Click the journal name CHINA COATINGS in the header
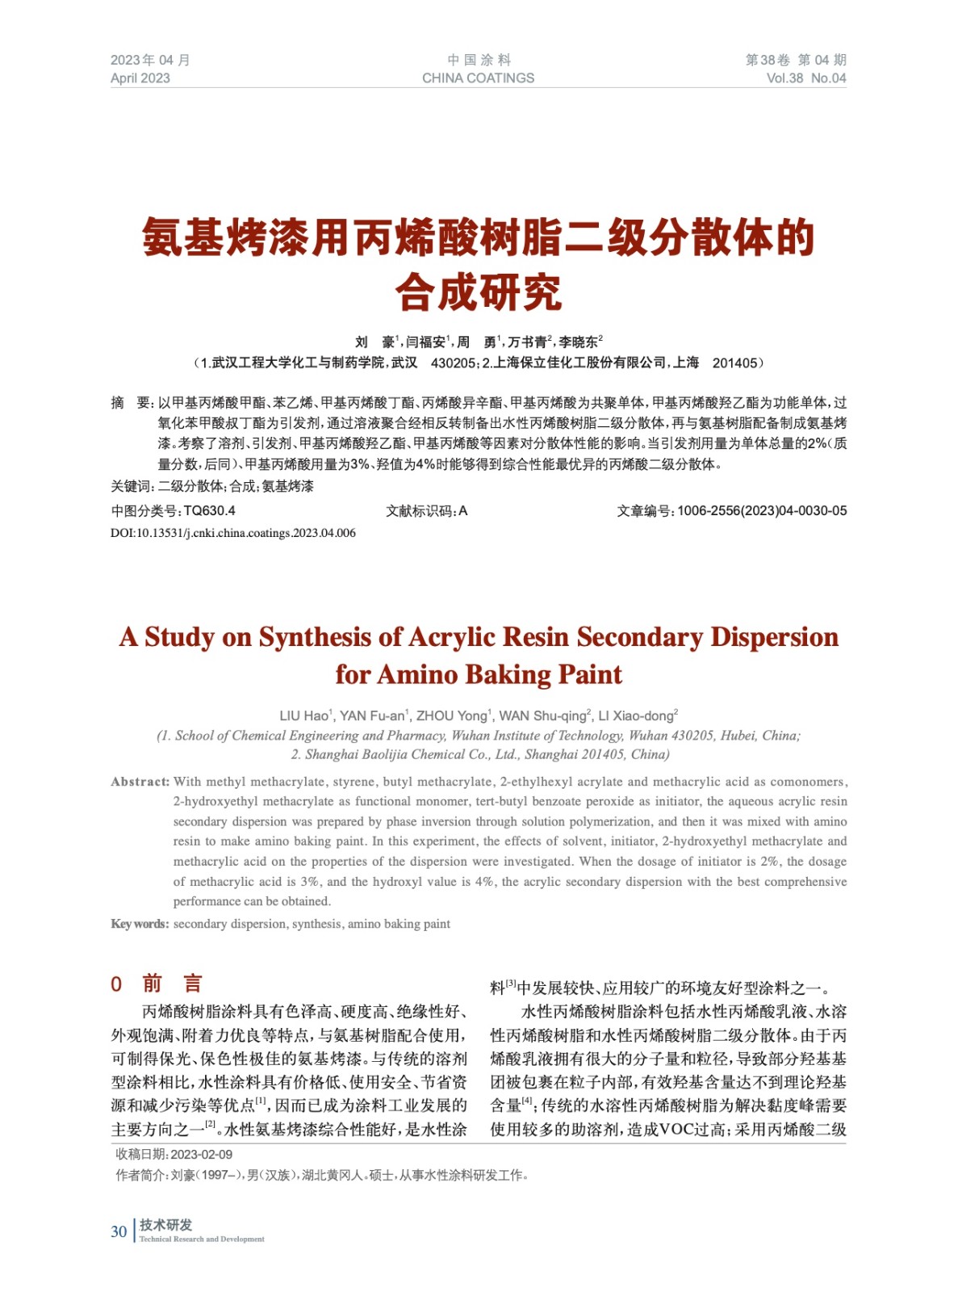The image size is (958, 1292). tap(478, 78)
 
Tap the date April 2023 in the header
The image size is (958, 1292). tap(140, 78)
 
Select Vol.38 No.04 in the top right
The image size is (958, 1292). tap(805, 78)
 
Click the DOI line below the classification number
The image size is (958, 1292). tap(233, 533)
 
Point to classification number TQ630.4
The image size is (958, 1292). tap(209, 510)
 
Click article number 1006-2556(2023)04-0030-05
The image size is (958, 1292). tap(762, 510)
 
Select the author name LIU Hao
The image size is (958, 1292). tap(303, 715)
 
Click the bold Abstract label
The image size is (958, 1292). tap(140, 782)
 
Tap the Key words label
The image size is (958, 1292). tap(140, 924)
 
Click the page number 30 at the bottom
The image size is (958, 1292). tap(119, 1231)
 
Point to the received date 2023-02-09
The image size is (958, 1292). tap(202, 1154)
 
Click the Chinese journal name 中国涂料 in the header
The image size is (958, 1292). tap(479, 60)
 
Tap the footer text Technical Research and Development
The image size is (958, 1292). tap(202, 1239)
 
